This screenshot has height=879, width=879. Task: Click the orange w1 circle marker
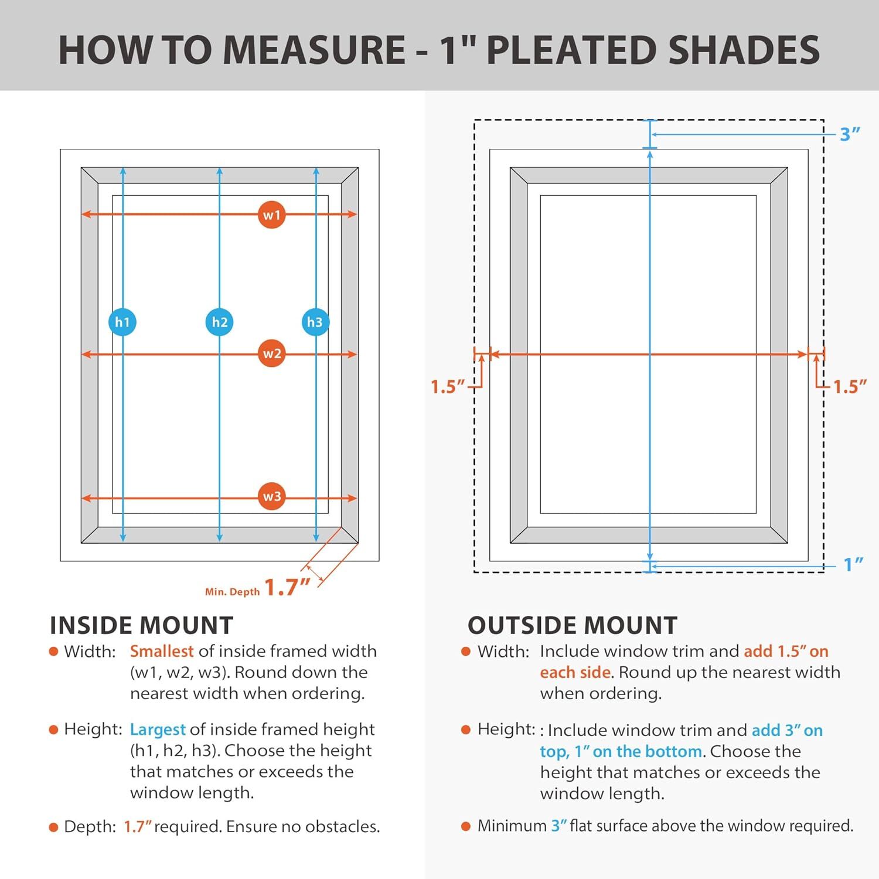pyautogui.click(x=271, y=214)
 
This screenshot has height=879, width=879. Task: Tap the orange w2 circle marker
pyautogui.click(x=271, y=353)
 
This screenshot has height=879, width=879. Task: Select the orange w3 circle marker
pyautogui.click(x=271, y=496)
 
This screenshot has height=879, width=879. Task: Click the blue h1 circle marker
pyautogui.click(x=122, y=322)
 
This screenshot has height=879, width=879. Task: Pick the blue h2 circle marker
pyautogui.click(x=219, y=322)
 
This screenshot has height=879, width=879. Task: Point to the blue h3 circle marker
pyautogui.click(x=315, y=322)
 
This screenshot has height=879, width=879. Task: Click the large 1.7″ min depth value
pyautogui.click(x=287, y=587)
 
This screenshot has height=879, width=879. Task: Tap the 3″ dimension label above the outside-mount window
pyautogui.click(x=850, y=134)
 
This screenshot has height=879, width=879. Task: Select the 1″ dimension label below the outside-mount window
pyautogui.click(x=853, y=564)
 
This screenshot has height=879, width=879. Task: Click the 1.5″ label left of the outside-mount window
pyautogui.click(x=448, y=387)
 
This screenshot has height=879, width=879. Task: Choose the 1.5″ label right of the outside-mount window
pyautogui.click(x=850, y=387)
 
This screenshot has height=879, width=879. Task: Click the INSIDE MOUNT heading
pyautogui.click(x=142, y=625)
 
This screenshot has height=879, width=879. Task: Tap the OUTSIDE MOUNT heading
pyautogui.click(x=573, y=625)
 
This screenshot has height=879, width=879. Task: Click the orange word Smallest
pyautogui.click(x=162, y=651)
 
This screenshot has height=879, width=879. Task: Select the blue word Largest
pyautogui.click(x=158, y=730)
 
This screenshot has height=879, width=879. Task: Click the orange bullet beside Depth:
pyautogui.click(x=54, y=827)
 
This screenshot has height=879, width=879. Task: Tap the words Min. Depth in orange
pyautogui.click(x=233, y=592)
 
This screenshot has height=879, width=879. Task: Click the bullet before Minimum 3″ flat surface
pyautogui.click(x=466, y=826)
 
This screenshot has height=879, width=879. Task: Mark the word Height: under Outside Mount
pyautogui.click(x=506, y=730)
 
